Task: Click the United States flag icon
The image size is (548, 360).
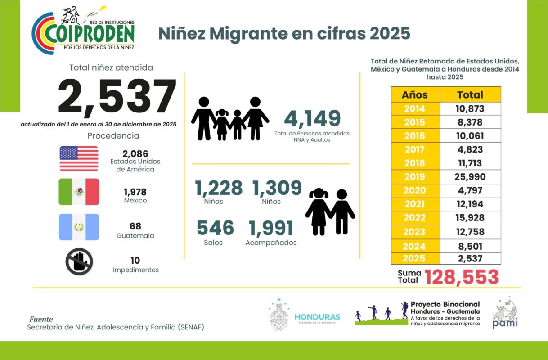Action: pyautogui.click(x=79, y=158)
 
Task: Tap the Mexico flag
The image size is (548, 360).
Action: pyautogui.click(x=79, y=192)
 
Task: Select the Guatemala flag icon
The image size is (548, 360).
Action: pyautogui.click(x=79, y=227)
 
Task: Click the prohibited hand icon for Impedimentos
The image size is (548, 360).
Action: pyautogui.click(x=79, y=261)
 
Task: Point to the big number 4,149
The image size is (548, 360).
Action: pyautogui.click(x=312, y=119)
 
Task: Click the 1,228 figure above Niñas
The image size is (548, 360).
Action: pyautogui.click(x=219, y=188)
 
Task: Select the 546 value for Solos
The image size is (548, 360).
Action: pyautogui.click(x=215, y=228)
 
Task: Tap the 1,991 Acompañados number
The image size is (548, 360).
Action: pyautogui.click(x=271, y=228)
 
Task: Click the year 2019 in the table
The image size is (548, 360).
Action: pyautogui.click(x=414, y=177)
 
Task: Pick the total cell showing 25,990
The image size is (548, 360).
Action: pyautogui.click(x=470, y=177)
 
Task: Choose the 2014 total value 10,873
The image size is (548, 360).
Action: pyautogui.click(x=470, y=108)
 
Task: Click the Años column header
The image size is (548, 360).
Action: pyautogui.click(x=415, y=94)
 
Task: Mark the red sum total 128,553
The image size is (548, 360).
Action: pyautogui.click(x=462, y=277)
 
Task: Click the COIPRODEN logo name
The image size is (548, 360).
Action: pyautogui.click(x=90, y=35)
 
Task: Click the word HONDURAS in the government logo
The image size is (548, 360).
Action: pyautogui.click(x=317, y=317)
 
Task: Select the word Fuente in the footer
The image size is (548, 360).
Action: pyautogui.click(x=41, y=319)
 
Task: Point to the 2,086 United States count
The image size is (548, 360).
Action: pyautogui.click(x=135, y=154)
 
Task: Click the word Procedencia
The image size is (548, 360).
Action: pyautogui.click(x=113, y=135)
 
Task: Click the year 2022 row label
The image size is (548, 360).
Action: pyautogui.click(x=414, y=217)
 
